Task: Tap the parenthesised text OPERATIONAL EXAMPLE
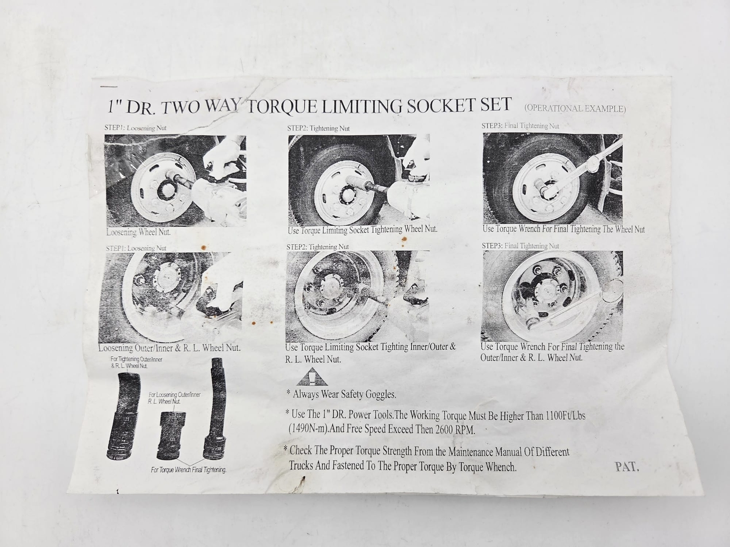point(575,108)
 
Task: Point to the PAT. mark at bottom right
point(627,467)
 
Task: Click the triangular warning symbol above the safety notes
point(312,377)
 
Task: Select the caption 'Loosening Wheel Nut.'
point(138,232)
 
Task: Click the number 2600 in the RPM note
point(443,429)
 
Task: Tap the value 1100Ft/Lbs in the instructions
point(565,415)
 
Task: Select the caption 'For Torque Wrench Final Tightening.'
point(188,470)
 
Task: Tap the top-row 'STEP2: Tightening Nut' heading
point(318,128)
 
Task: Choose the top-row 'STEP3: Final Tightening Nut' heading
point(520,126)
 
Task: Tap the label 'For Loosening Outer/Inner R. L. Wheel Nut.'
point(174,398)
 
